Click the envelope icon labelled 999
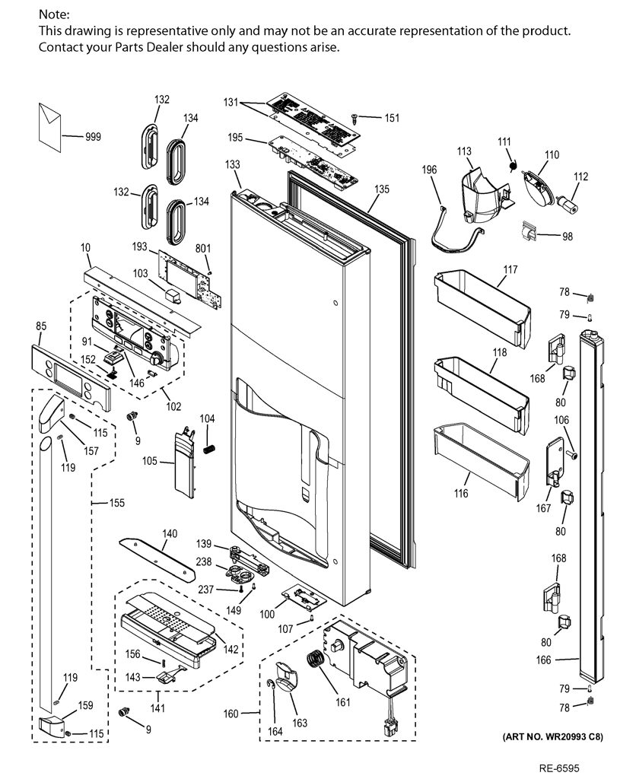click(49, 127)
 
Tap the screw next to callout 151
click(355, 118)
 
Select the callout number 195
click(235, 138)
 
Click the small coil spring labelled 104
click(209, 449)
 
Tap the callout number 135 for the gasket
click(382, 189)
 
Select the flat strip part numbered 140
click(157, 559)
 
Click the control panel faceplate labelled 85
click(71, 377)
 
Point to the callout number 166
click(544, 660)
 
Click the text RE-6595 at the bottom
click(559, 768)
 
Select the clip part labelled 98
click(529, 231)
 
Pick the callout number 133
click(233, 164)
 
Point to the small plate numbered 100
click(303, 596)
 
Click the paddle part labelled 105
click(184, 462)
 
